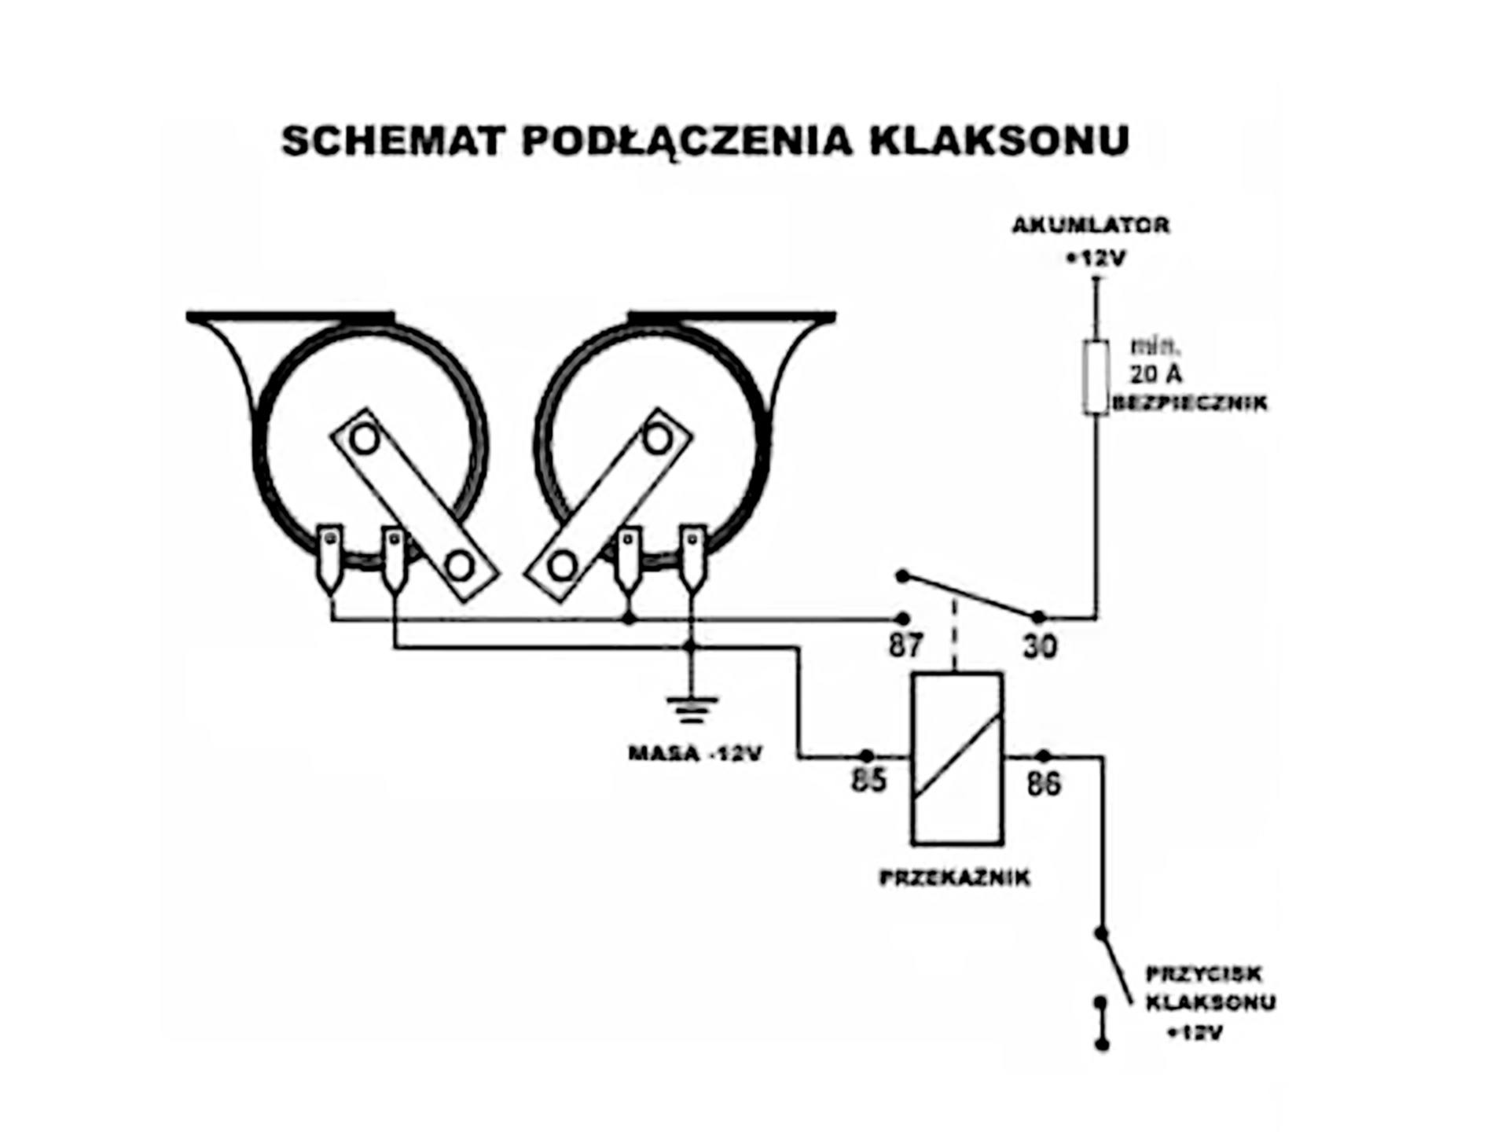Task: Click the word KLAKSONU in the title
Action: click(x=1000, y=141)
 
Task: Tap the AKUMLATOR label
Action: click(x=1091, y=225)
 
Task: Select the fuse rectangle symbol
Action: click(x=1096, y=377)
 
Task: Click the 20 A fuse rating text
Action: click(x=1155, y=373)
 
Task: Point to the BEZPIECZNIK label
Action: click(x=1190, y=403)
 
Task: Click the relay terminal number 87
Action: click(x=905, y=646)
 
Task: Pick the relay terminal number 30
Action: click(x=1040, y=647)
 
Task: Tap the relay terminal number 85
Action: click(x=868, y=781)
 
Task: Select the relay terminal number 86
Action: click(x=1044, y=783)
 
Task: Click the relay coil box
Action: click(x=957, y=759)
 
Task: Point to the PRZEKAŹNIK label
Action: click(x=955, y=877)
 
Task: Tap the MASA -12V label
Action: click(x=695, y=754)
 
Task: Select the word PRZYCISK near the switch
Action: click(x=1203, y=974)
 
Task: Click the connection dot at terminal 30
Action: click(x=1038, y=618)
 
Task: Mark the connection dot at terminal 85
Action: click(x=866, y=756)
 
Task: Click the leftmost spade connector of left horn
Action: click(x=329, y=558)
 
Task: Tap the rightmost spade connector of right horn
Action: click(x=692, y=558)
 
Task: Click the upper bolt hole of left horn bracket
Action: click(x=365, y=438)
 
